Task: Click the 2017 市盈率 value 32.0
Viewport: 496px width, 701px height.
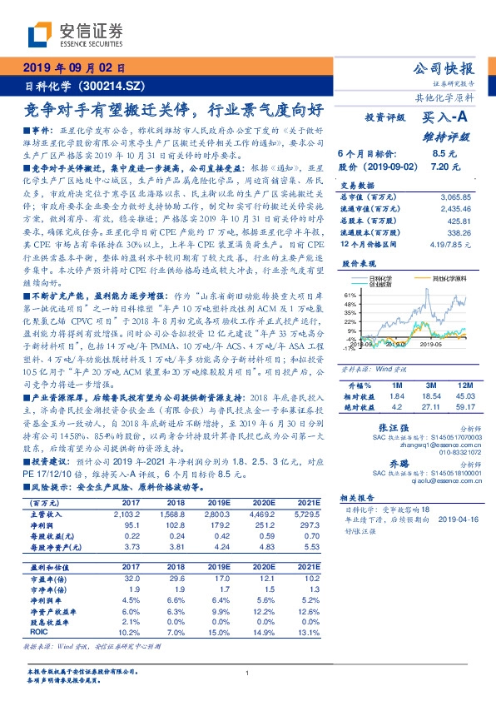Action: point(107,577)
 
